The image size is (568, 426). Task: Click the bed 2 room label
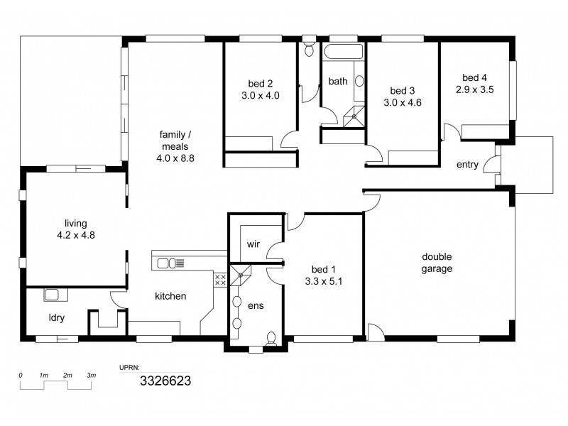[261, 82]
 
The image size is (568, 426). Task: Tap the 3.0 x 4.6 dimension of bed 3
[403, 102]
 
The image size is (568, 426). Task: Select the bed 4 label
[474, 77]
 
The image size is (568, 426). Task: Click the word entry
[467, 165]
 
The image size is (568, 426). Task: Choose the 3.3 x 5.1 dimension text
[324, 281]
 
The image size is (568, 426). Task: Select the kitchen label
[171, 295]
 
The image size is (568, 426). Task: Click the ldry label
[57, 317]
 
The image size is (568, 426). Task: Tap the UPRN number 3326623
[165, 381]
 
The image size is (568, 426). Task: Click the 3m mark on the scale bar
[91, 375]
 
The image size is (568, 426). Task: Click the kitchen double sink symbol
[167, 263]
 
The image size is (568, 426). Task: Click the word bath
[338, 82]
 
